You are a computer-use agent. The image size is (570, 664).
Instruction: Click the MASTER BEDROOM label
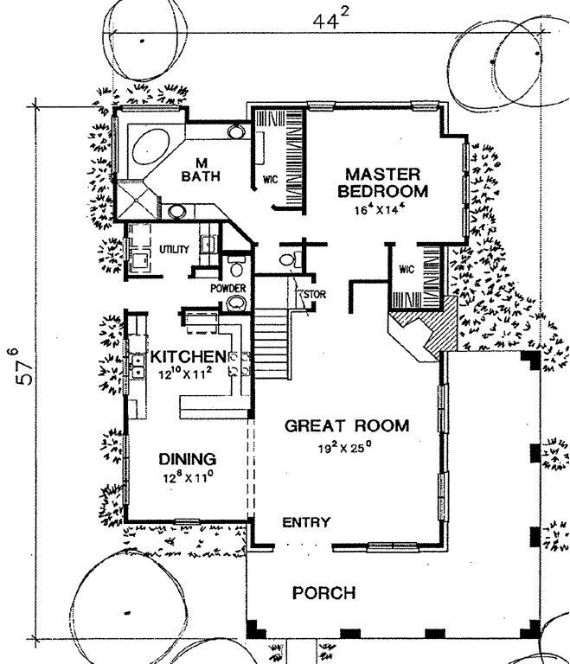(383, 182)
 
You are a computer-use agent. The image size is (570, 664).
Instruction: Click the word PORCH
(323, 593)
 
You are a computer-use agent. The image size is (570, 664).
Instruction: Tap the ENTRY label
(305, 521)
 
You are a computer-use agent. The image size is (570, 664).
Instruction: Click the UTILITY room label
(174, 249)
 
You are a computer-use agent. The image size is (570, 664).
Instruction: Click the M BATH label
(202, 169)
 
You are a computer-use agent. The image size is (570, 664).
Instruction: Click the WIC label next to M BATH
(268, 181)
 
